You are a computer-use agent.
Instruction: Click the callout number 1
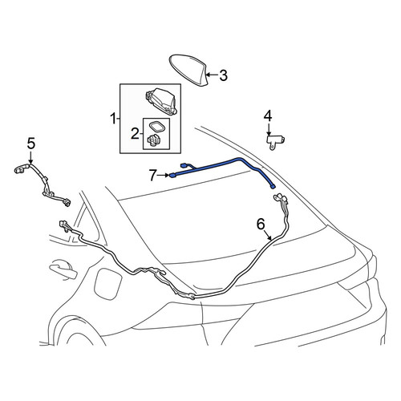(113, 119)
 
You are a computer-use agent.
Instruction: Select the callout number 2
(135, 133)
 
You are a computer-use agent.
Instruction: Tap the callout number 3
(223, 75)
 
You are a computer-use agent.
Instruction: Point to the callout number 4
(268, 116)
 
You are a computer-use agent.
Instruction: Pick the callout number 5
(31, 144)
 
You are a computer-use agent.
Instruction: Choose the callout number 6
(261, 224)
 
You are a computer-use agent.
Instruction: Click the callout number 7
(152, 176)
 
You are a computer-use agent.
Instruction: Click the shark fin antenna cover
(189, 70)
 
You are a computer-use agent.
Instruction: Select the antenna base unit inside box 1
(162, 102)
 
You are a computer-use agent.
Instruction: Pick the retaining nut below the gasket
(154, 140)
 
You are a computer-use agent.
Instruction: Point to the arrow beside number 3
(213, 75)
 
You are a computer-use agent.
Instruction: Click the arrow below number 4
(269, 129)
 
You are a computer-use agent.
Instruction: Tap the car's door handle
(63, 269)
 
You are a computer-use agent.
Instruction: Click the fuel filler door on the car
(108, 285)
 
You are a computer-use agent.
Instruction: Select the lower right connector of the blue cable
(273, 187)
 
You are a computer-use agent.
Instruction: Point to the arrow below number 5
(31, 157)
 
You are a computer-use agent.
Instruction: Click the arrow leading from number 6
(268, 235)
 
